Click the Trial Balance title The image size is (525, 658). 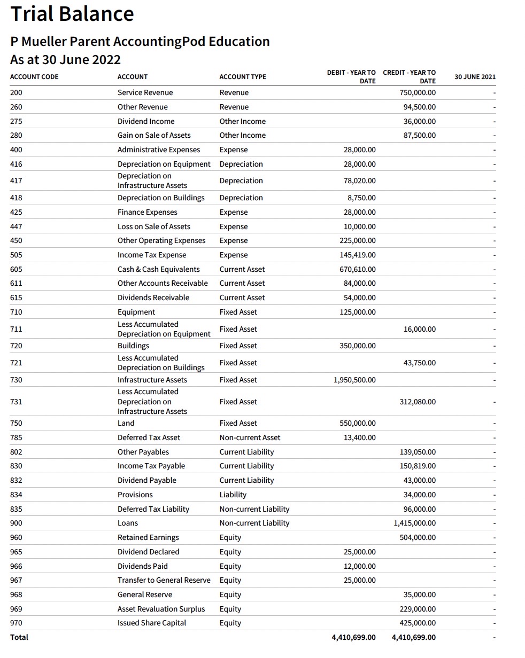[72, 14]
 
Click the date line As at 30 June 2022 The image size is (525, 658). [65, 59]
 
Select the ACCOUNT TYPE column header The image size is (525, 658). [242, 77]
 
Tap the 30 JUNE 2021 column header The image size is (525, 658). [475, 77]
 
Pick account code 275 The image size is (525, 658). [16, 121]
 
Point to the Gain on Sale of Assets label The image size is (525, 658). [154, 135]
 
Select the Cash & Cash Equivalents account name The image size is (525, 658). [158, 269]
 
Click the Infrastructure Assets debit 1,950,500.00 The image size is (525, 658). [354, 380]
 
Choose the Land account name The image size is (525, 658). [126, 423]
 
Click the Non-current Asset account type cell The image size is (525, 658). [250, 437]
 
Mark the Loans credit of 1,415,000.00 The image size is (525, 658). [414, 523]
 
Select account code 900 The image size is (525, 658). [16, 523]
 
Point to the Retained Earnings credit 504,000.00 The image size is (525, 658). [417, 537]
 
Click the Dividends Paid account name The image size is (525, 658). [142, 566]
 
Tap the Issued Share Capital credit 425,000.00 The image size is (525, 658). [417, 623]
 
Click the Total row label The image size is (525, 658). [19, 637]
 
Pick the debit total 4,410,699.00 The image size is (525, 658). [353, 637]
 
